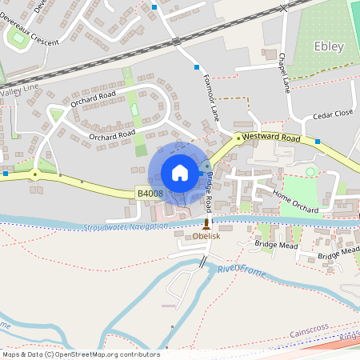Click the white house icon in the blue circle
click(x=180, y=172)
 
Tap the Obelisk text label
click(x=206, y=237)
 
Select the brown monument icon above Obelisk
click(x=206, y=224)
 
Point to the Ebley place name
click(x=329, y=46)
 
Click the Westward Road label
click(x=271, y=138)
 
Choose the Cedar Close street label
click(x=333, y=114)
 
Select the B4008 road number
click(x=150, y=194)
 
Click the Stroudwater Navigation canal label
click(x=126, y=226)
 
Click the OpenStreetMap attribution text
click(x=81, y=354)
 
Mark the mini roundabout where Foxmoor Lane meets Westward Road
click(x=238, y=138)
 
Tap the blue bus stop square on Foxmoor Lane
click(x=197, y=67)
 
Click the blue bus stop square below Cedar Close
click(x=318, y=142)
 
